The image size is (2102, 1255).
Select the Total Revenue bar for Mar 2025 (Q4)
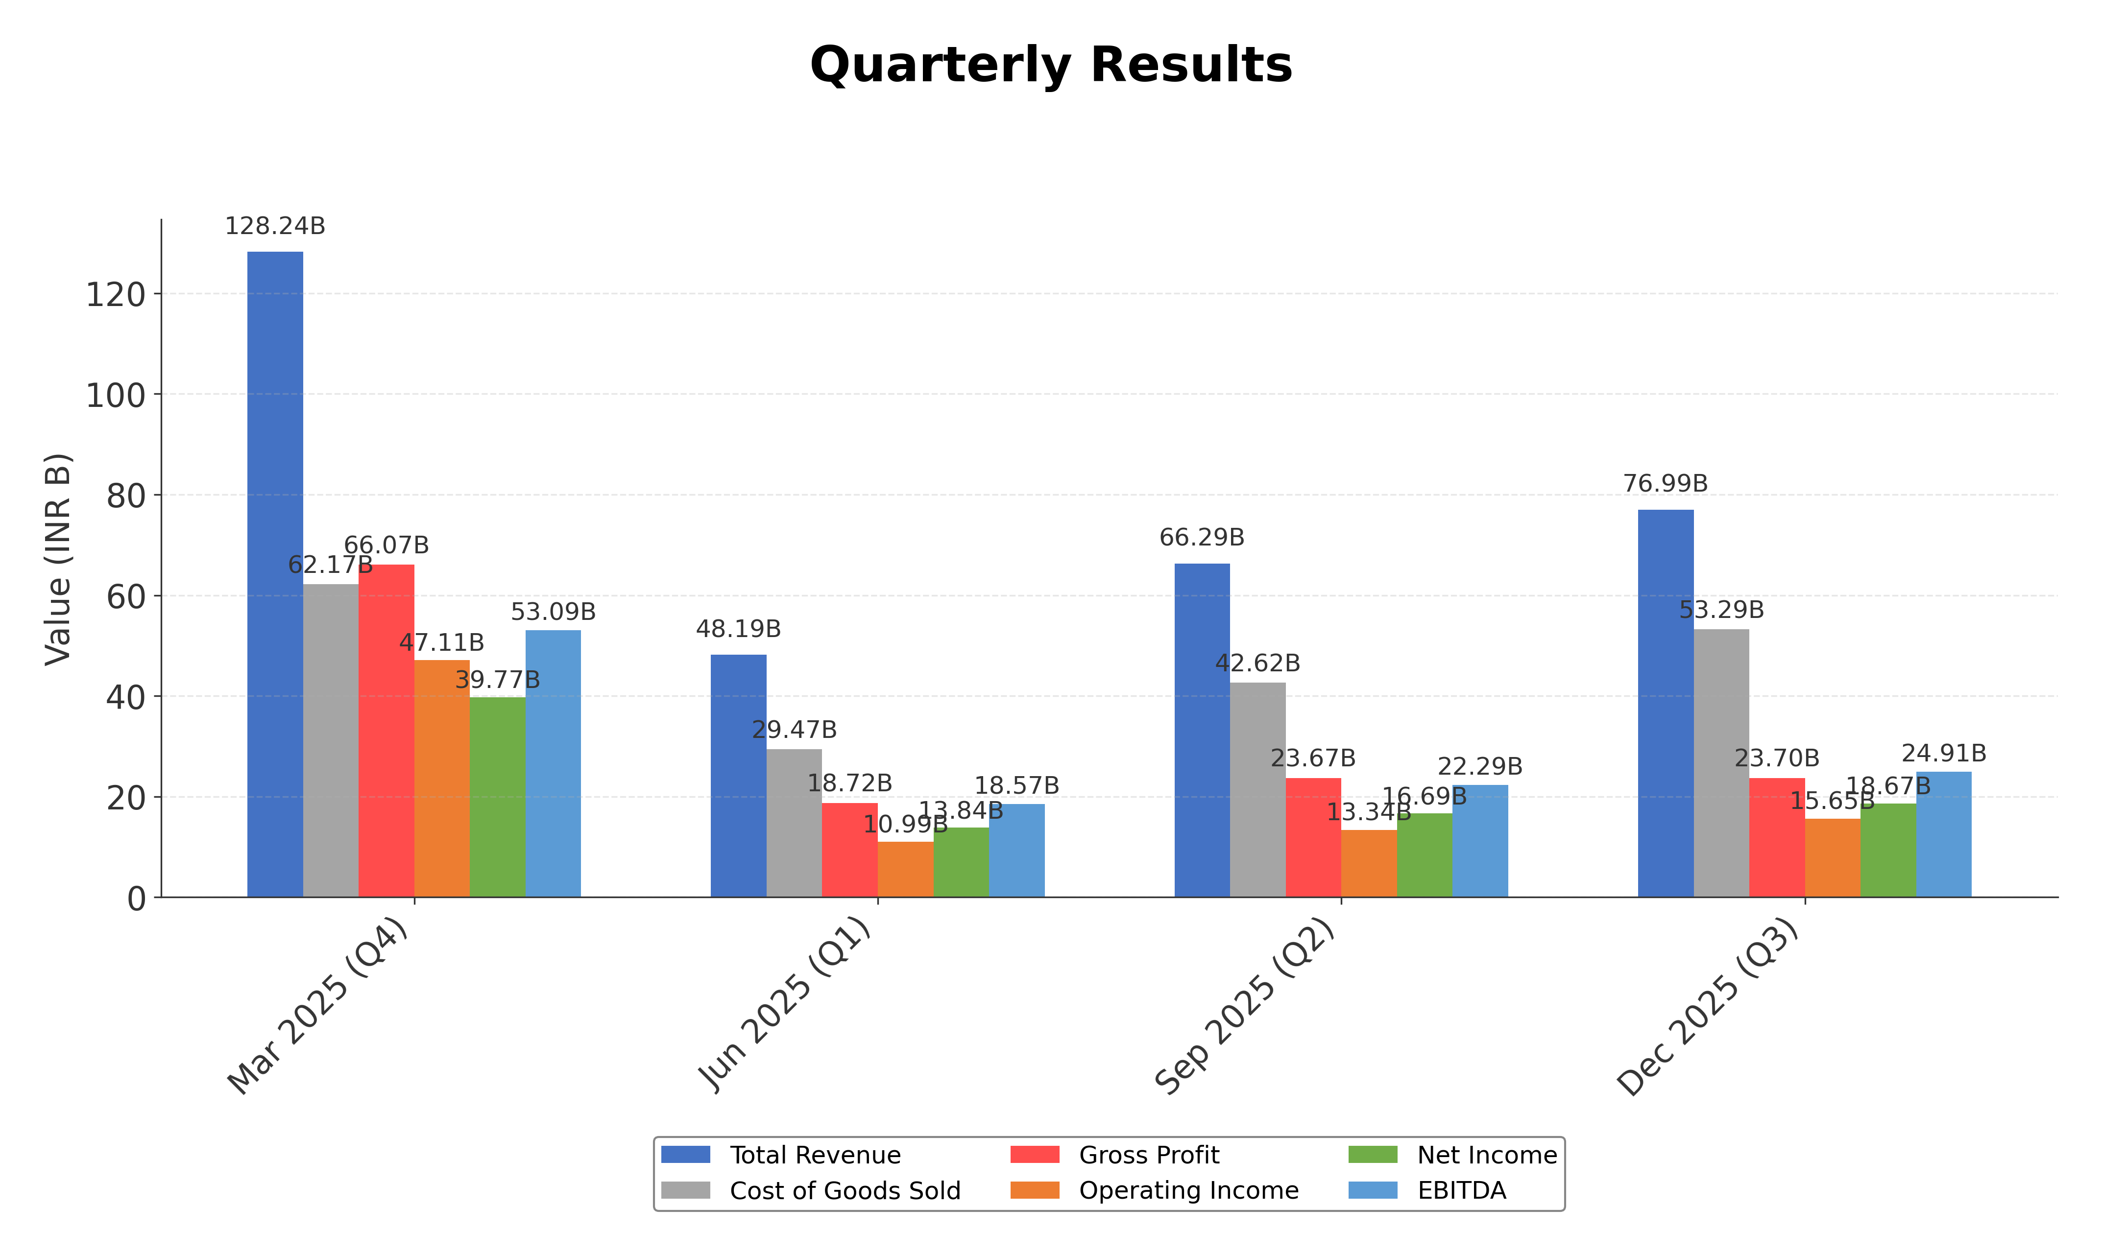275,574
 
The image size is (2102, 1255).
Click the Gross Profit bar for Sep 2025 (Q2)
1313,837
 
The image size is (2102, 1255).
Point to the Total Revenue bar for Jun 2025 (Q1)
738,776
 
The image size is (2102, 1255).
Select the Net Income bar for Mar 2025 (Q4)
497,797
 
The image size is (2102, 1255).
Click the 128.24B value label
275,227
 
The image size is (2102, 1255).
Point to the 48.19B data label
738,629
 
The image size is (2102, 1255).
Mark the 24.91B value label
1944,754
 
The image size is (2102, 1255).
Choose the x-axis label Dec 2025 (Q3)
1709,1006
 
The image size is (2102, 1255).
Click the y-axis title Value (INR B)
57,559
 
